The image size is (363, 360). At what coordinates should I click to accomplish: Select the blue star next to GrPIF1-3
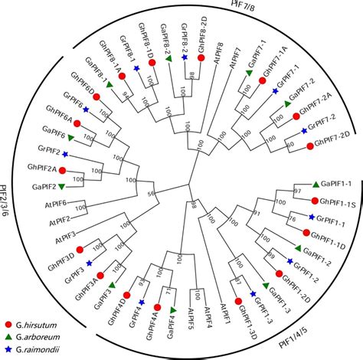(253, 293)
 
